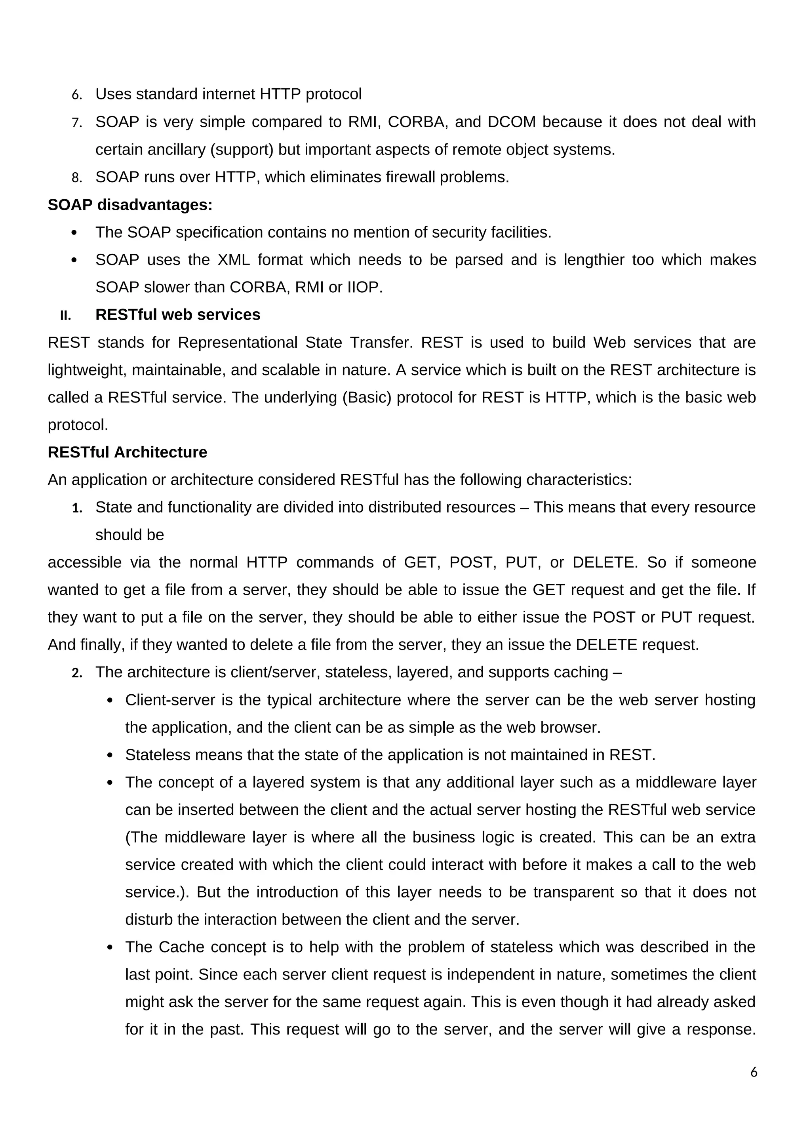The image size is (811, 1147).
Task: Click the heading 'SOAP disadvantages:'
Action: [130, 205]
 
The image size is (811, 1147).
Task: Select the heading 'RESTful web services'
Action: [178, 315]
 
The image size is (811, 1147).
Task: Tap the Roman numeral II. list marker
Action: [65, 316]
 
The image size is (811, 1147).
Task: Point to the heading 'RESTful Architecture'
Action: [128, 452]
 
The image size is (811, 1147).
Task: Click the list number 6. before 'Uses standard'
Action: [76, 94]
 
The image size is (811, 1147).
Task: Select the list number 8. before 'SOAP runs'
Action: [76, 177]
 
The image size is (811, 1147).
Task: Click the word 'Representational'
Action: [237, 343]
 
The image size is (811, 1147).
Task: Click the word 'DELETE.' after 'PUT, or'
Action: [605, 562]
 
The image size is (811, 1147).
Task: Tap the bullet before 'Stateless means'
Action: [110, 755]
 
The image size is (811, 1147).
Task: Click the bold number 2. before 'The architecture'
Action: [76, 673]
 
